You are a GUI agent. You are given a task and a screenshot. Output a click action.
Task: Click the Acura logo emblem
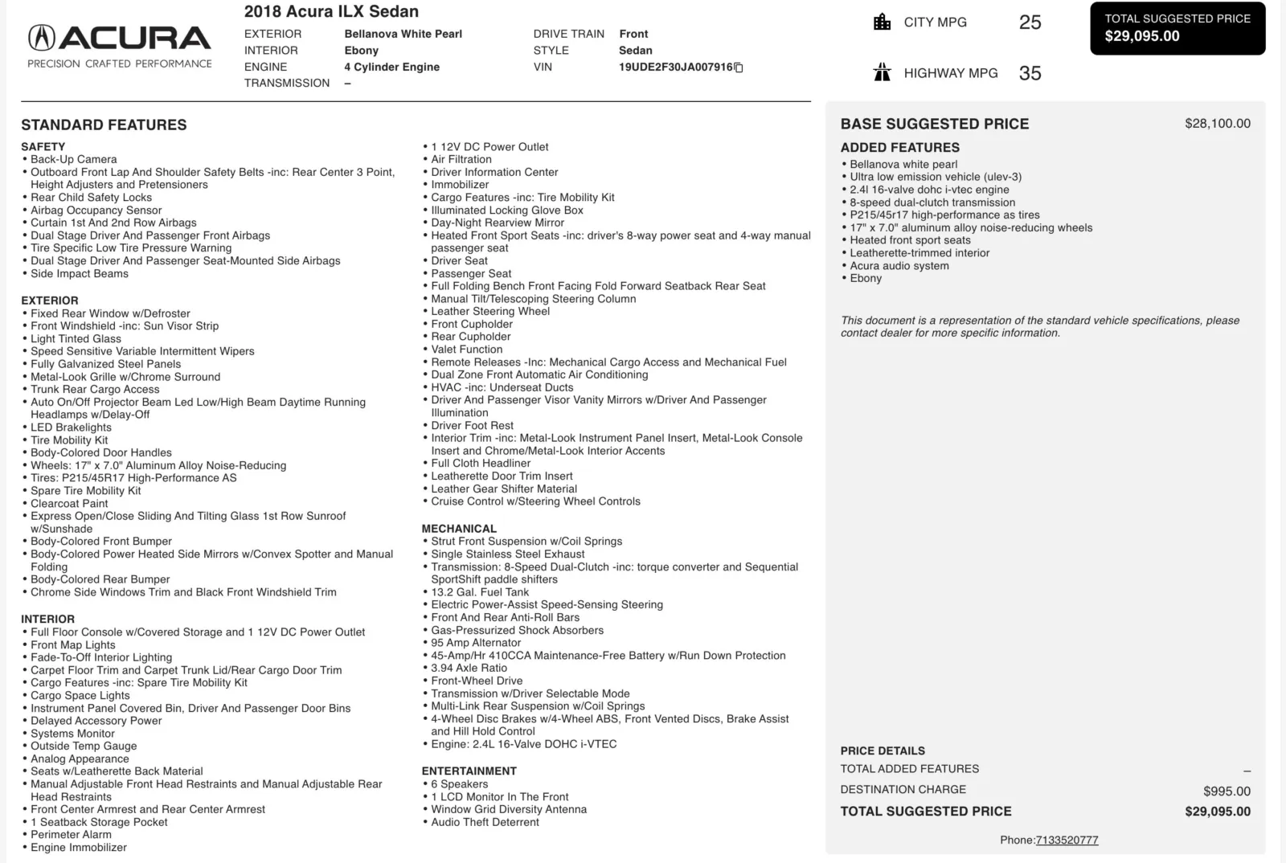pos(42,38)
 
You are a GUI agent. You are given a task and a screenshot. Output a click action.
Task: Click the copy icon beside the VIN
pos(739,67)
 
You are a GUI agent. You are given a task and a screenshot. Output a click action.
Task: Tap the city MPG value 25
pos(1030,22)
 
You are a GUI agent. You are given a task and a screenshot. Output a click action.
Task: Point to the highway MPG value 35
pos(1030,73)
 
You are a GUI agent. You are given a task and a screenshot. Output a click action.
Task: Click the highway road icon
pos(882,73)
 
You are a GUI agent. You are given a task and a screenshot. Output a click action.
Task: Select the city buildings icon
pos(882,22)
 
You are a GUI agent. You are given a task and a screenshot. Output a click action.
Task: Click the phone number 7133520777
pos(1067,840)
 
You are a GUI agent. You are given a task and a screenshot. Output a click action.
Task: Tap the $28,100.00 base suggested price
pos(1217,124)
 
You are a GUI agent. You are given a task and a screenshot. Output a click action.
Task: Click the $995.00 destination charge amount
pos(1227,791)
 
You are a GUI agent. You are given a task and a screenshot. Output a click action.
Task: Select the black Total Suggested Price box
pos(1177,28)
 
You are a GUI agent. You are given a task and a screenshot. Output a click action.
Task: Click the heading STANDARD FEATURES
pos(104,125)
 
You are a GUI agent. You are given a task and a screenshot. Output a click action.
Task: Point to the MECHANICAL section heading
pos(459,529)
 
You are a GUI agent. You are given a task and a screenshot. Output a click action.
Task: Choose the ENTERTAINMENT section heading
pos(469,771)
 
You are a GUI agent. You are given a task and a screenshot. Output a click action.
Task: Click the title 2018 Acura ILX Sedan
pos(331,11)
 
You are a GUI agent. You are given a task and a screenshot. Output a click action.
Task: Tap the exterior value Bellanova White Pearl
pos(403,34)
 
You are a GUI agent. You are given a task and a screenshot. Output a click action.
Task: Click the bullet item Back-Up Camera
pos(73,159)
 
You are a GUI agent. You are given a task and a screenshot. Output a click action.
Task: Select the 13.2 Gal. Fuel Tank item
pos(480,592)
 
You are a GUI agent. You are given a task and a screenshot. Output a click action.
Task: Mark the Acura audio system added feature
pos(899,265)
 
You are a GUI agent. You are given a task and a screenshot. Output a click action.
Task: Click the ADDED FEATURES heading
pos(899,147)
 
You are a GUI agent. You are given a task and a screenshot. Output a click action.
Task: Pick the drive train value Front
pos(633,34)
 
